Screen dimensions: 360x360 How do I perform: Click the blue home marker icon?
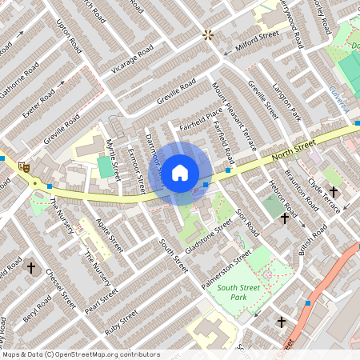[180, 172]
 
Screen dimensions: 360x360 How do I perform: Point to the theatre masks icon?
[24, 167]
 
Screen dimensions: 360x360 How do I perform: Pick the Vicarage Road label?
[133, 60]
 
